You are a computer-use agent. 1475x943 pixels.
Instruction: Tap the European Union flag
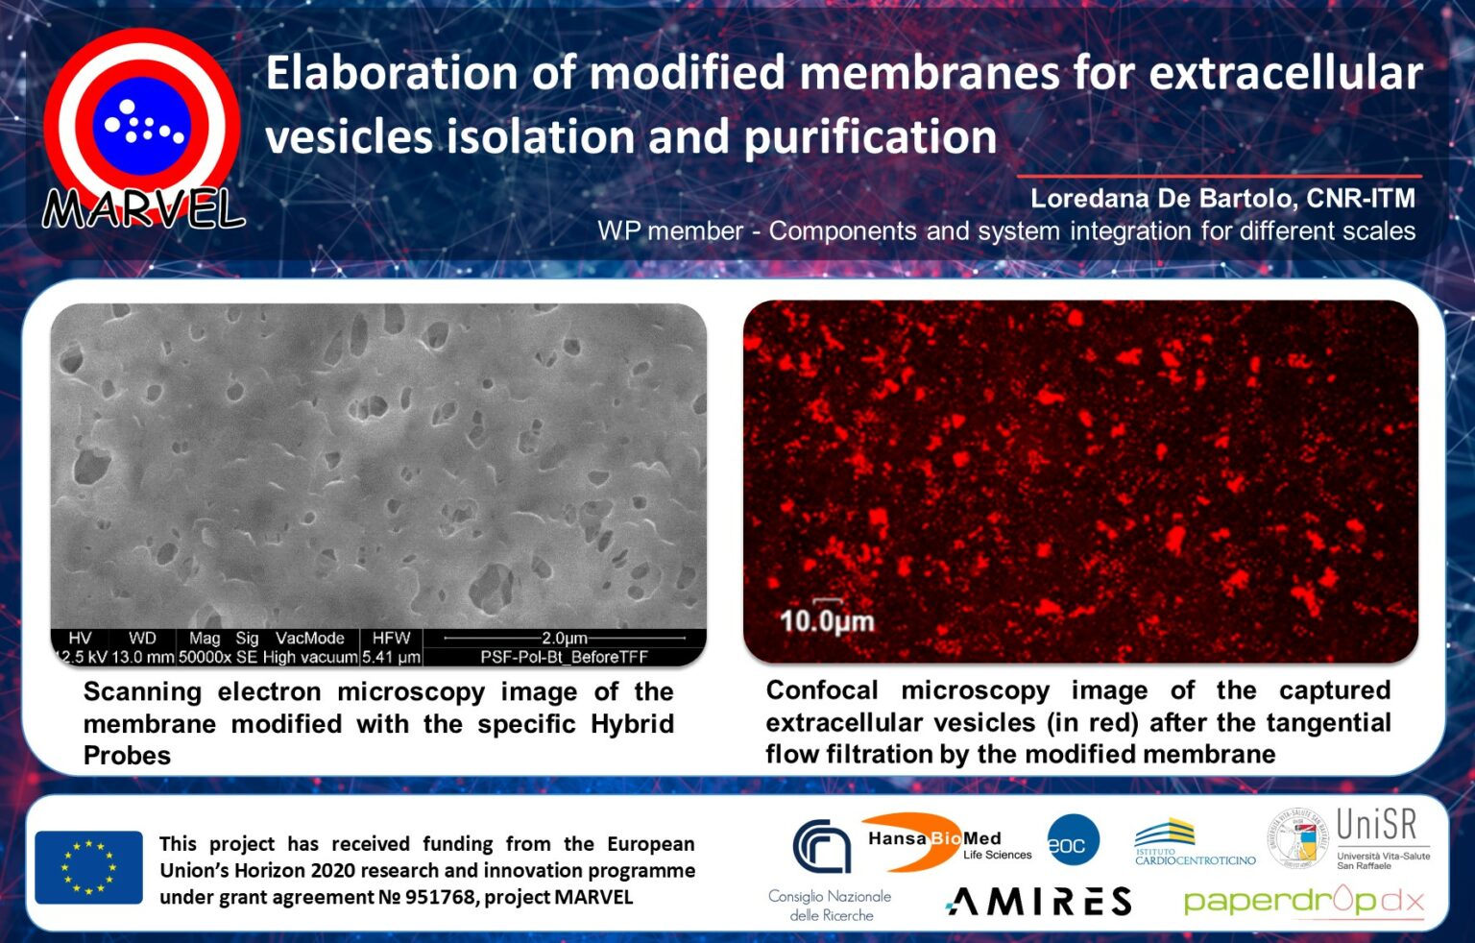(88, 867)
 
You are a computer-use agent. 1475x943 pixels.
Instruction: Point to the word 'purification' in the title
(870, 137)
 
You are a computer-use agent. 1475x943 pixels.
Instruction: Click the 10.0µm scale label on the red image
(826, 621)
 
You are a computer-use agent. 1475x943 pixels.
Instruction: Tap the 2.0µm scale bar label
(564, 639)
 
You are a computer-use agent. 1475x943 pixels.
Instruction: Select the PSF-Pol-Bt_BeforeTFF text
(564, 658)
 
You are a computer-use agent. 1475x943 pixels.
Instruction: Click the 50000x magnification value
(205, 658)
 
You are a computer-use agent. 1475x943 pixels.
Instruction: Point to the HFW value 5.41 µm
(391, 658)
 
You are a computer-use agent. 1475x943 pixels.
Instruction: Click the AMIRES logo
(1039, 901)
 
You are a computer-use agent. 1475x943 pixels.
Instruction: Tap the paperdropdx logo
(1303, 901)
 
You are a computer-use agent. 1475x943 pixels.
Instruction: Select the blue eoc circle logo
(1072, 841)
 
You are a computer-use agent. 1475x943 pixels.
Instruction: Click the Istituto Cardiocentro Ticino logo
(1194, 843)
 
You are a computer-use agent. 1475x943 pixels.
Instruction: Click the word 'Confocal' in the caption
(822, 690)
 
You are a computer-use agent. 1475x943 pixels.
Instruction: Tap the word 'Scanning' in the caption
(142, 692)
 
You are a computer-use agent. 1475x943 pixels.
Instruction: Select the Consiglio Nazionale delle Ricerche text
(830, 906)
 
